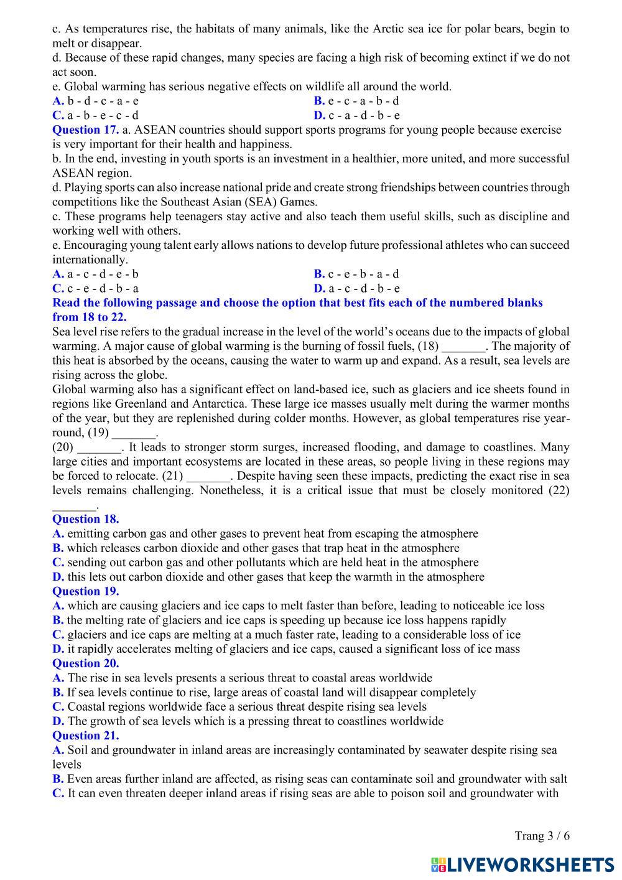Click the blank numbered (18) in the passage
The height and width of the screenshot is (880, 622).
[x=463, y=347]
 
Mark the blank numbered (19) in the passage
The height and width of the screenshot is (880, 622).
[x=134, y=433]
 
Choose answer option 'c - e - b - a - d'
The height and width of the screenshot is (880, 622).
[x=363, y=274]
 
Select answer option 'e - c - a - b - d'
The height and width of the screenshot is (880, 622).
[x=363, y=101]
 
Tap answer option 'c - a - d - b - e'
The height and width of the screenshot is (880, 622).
[x=364, y=115]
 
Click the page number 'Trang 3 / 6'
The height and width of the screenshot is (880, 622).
[x=542, y=836]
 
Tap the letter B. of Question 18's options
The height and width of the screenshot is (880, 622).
[x=58, y=548]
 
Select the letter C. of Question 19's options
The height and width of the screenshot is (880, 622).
[x=58, y=635]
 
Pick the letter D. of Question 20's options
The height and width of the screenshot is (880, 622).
[x=58, y=721]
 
